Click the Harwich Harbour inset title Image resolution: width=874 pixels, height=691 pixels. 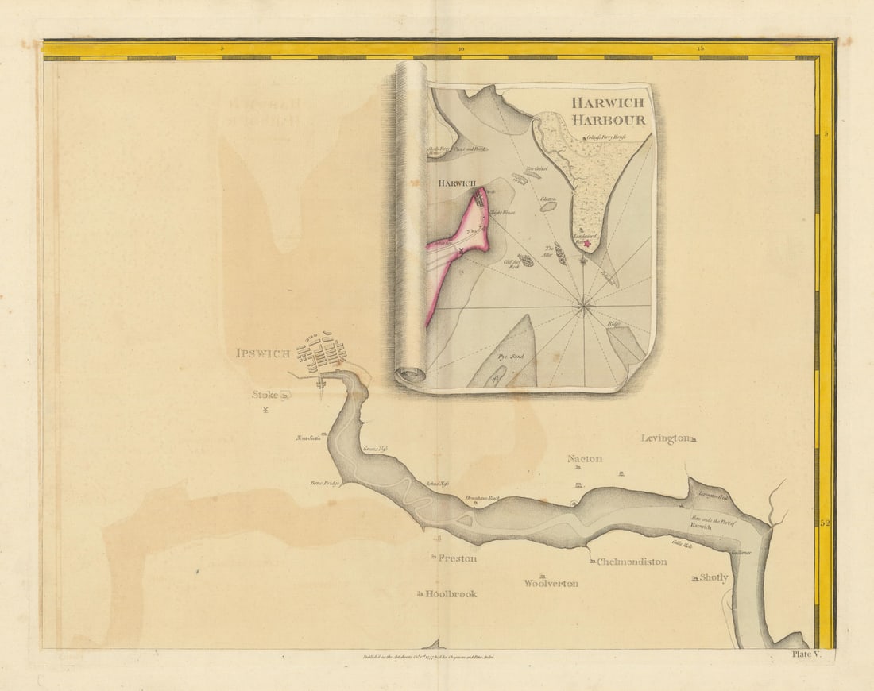[607, 111]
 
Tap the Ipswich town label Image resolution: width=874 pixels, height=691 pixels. [263, 353]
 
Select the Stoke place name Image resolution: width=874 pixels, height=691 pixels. [265, 394]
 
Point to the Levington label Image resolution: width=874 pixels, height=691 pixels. [665, 438]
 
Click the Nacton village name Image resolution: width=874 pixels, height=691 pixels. [584, 459]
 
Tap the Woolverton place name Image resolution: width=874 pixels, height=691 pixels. [551, 583]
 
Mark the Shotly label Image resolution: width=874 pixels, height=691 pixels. [714, 577]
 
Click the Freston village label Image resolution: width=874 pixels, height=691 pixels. [458, 558]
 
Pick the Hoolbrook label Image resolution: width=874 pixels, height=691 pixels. [451, 593]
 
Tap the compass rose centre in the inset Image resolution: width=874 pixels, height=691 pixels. [584, 303]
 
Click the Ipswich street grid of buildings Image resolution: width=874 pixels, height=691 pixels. [322, 353]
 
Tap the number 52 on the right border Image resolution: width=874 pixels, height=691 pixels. [824, 523]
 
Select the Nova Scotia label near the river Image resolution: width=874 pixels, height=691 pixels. [307, 438]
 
